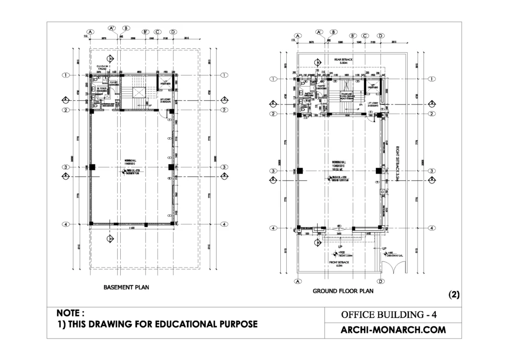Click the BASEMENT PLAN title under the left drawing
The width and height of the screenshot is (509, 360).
(x=126, y=287)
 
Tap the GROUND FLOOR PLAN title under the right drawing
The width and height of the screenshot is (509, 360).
(x=342, y=291)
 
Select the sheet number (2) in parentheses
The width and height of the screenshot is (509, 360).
(x=454, y=294)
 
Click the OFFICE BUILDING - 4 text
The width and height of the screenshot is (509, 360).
(x=389, y=315)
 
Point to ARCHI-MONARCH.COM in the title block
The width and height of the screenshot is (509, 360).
(x=393, y=329)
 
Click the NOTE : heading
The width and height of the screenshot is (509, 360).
(x=71, y=313)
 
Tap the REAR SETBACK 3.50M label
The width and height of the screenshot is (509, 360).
(x=343, y=61)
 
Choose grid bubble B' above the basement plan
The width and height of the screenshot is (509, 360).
(x=146, y=31)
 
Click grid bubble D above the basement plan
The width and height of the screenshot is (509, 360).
(x=173, y=31)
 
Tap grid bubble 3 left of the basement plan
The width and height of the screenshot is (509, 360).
(x=65, y=167)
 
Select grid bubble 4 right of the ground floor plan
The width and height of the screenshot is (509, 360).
(x=431, y=228)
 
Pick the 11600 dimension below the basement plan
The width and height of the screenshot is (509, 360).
(x=131, y=228)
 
